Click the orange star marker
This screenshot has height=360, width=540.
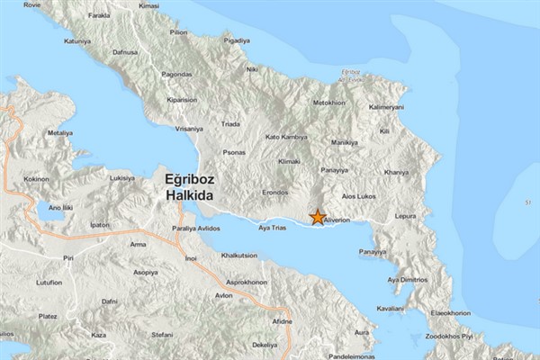click(318, 217)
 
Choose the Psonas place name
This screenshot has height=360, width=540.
click(233, 152)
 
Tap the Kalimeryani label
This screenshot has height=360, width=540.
click(387, 107)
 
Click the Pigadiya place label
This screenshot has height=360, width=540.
click(237, 40)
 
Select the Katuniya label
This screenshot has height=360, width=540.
click(78, 40)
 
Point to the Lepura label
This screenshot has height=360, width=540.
click(406, 217)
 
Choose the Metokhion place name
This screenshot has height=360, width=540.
click(328, 103)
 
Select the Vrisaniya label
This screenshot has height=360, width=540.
click(189, 128)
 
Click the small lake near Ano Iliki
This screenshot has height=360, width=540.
click(50, 216)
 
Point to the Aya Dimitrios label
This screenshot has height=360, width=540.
click(407, 280)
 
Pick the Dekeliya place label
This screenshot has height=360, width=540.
click(264, 346)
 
